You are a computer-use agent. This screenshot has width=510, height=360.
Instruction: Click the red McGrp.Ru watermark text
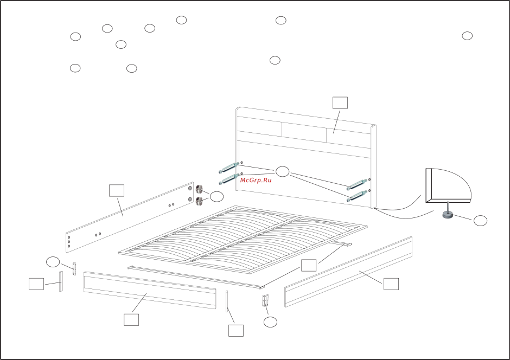(256, 180)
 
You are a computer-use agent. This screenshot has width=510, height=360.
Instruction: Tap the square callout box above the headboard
(340, 103)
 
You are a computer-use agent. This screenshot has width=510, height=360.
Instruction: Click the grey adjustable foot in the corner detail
(448, 215)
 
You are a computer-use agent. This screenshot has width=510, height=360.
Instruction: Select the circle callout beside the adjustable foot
(480, 221)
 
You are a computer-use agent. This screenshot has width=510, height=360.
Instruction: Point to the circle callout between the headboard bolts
(283, 172)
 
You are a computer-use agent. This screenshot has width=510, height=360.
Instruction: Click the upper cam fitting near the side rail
(199, 190)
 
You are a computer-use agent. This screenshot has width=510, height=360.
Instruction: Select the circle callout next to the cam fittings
(216, 197)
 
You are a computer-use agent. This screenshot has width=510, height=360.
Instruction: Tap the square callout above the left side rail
(117, 190)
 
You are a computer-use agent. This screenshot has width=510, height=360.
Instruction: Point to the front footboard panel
(149, 291)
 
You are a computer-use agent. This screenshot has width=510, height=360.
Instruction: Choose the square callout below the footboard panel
(131, 320)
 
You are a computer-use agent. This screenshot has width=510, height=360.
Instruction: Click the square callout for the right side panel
(391, 284)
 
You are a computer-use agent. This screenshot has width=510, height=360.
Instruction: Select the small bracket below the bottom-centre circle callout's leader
(265, 301)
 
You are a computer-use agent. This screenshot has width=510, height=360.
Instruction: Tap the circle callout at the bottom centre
(270, 322)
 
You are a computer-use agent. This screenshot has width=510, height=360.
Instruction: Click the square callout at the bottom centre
(236, 330)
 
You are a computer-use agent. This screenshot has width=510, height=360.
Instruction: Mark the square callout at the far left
(36, 284)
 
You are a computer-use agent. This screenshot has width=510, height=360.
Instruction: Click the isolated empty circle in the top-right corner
(467, 36)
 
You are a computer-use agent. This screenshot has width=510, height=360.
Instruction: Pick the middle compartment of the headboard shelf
(304, 130)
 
